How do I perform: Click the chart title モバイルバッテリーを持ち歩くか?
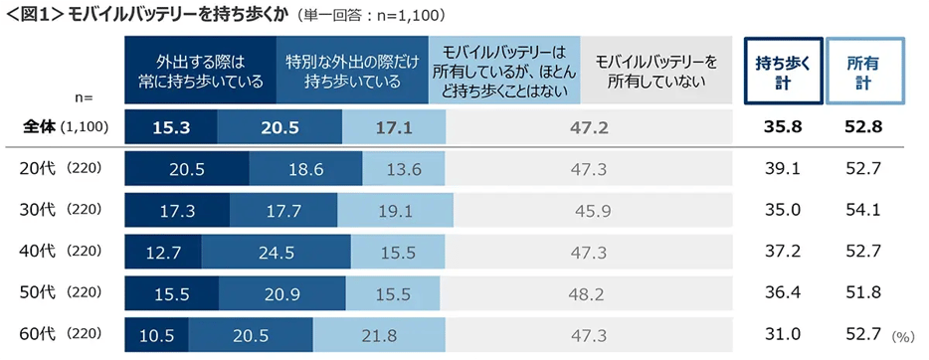pos(189,15)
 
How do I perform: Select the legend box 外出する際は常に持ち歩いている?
pos(200,70)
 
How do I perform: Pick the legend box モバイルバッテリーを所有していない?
pos(655,70)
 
